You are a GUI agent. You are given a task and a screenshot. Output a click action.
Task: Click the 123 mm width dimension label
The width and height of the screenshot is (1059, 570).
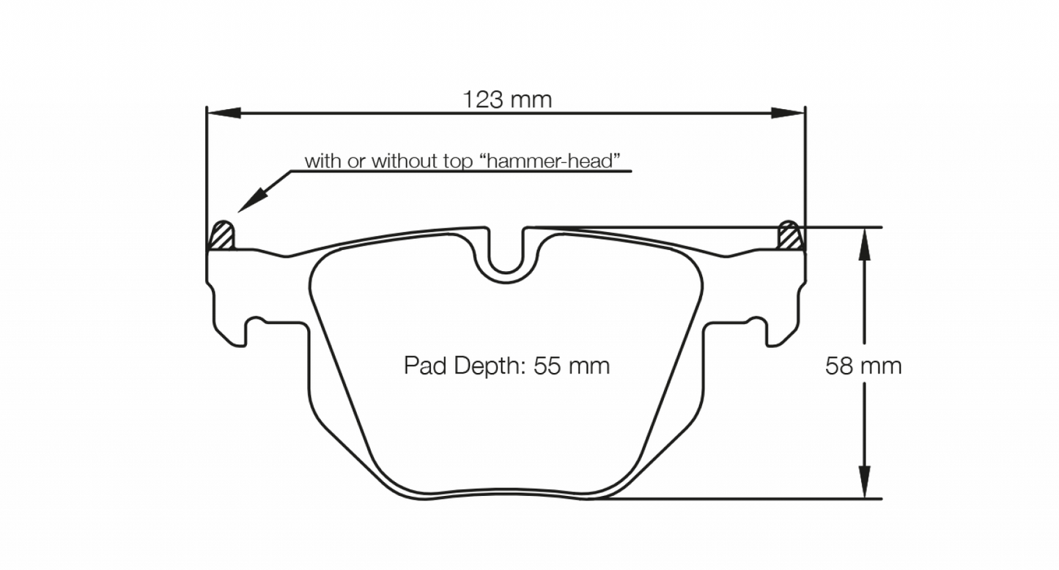pos(506,100)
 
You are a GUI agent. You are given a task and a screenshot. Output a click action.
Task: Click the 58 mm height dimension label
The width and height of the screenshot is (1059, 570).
pos(863,366)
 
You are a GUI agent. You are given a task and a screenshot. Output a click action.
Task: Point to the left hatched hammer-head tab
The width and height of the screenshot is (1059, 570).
pos(222,236)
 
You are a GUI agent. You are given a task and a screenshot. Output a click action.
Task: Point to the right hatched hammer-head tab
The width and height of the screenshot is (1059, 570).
pos(790,236)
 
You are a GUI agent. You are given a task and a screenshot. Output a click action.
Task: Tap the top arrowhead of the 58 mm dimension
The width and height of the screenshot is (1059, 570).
pos(865,241)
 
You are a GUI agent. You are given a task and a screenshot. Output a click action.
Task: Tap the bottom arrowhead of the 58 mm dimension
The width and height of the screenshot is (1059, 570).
pos(865,484)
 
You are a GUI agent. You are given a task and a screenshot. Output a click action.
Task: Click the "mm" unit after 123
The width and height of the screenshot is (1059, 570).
pos(531,100)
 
